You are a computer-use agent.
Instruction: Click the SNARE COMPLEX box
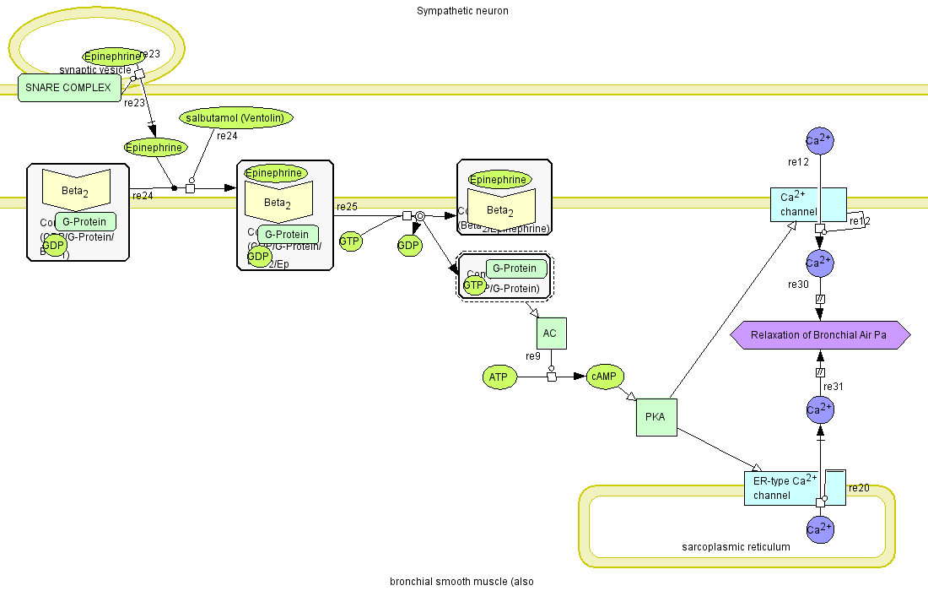point(68,88)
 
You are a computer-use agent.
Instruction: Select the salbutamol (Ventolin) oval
point(236,117)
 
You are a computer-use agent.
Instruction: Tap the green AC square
point(550,333)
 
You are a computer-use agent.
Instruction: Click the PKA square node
point(656,416)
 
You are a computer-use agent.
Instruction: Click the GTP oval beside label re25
point(350,241)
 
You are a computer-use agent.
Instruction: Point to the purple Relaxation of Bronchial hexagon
point(819,335)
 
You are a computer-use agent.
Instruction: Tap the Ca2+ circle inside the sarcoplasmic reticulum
point(820,529)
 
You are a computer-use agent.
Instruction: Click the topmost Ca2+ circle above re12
point(820,140)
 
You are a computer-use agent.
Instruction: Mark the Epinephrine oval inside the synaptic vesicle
point(112,57)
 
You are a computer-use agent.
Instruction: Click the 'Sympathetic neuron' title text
point(462,11)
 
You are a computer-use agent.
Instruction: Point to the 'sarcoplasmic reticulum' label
point(736,547)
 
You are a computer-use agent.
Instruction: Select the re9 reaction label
point(533,356)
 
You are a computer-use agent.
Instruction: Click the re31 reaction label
point(834,387)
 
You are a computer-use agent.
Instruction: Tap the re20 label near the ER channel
point(858,488)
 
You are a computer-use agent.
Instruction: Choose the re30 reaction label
point(799,285)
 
